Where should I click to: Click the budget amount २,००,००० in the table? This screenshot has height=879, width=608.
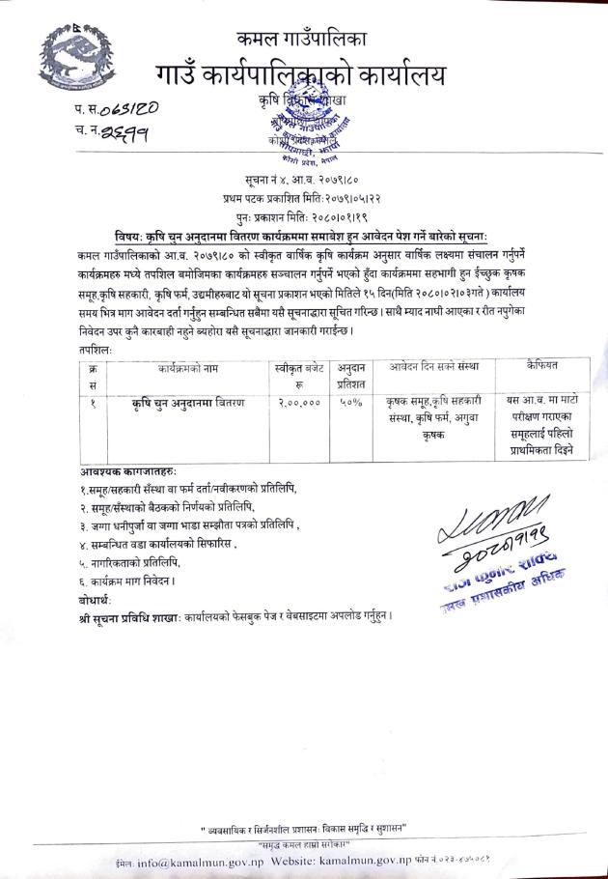pyautogui.click(x=294, y=402)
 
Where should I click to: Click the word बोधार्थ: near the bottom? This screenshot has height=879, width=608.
pyautogui.click(x=97, y=598)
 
